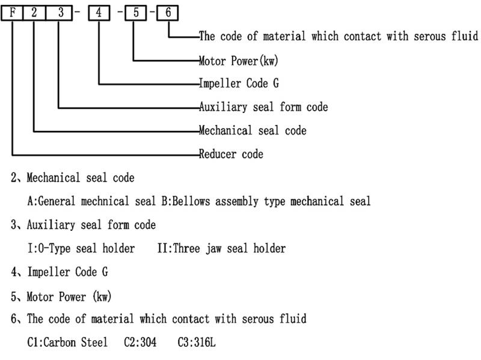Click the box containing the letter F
point(12,12)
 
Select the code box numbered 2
point(34,12)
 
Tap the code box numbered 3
point(58,12)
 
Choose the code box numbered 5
point(136,12)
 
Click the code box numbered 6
point(168,12)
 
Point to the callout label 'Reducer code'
point(231,154)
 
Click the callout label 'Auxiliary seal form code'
point(263,107)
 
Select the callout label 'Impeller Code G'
point(239,84)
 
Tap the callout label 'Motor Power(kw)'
point(238,60)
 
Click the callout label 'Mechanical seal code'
point(253,130)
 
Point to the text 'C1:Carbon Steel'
point(67,342)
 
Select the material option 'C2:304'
point(140,342)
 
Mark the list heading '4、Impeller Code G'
point(60,272)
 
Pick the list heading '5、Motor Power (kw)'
point(61,296)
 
